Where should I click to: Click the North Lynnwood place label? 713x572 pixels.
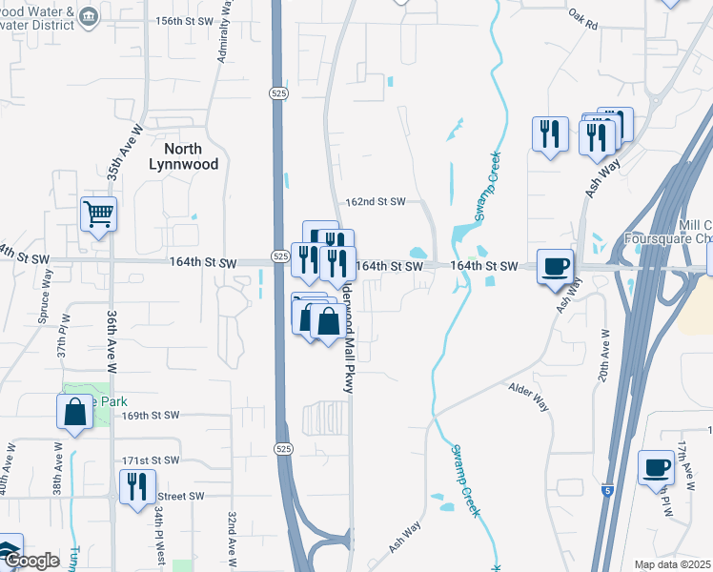[183, 156]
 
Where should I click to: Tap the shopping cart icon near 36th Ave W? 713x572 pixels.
[99, 214]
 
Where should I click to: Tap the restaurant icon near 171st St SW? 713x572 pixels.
[136, 486]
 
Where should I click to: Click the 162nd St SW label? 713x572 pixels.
[375, 202]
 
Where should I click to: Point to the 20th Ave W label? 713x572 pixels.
[603, 357]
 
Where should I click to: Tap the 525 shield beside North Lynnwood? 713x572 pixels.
[275, 92]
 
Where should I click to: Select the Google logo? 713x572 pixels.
[31, 561]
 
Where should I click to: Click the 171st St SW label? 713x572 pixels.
[151, 460]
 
